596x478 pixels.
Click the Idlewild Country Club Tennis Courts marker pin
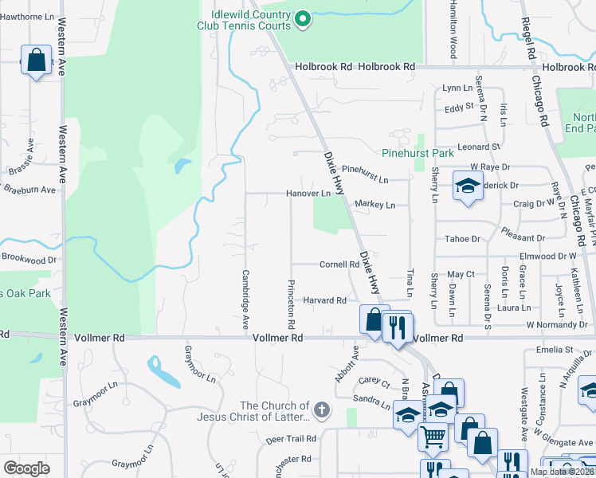click(303, 18)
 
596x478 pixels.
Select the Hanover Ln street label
click(308, 194)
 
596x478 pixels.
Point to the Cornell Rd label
click(339, 264)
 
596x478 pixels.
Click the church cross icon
click(321, 411)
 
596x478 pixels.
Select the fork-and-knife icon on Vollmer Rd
click(396, 325)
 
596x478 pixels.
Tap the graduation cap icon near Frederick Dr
click(467, 186)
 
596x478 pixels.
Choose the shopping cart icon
click(432, 435)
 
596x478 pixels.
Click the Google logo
click(26, 468)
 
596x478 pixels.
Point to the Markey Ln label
click(375, 205)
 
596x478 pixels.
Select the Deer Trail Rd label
click(292, 439)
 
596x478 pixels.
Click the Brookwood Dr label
click(29, 259)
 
